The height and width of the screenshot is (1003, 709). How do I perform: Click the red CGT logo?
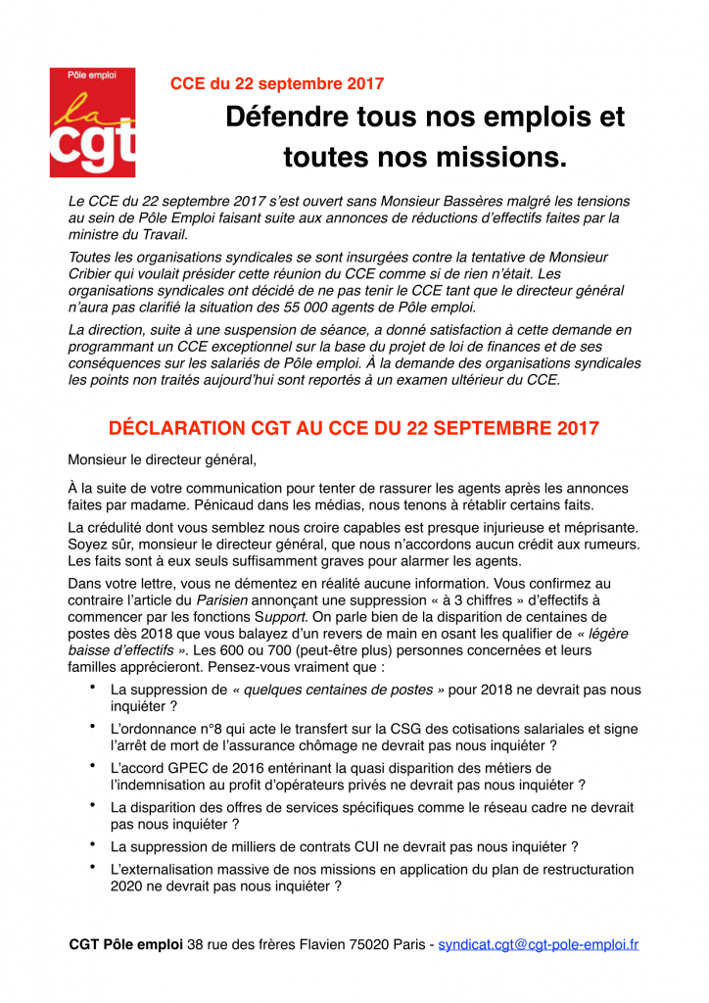point(93,121)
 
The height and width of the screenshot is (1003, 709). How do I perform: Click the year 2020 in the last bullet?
point(127,885)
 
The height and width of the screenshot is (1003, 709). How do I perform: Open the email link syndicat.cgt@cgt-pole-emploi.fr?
point(538,945)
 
